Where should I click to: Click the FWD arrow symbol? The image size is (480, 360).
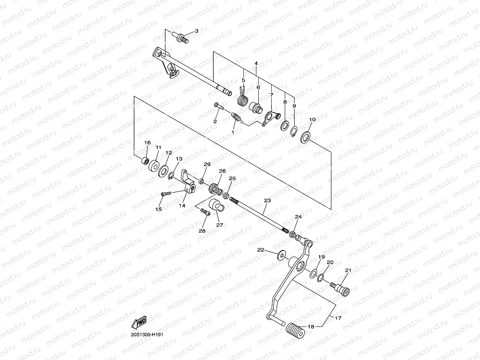click(x=139, y=323)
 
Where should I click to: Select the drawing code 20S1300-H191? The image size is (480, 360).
click(x=147, y=335)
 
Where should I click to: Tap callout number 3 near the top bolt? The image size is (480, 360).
click(x=196, y=31)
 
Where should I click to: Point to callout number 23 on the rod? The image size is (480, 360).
click(x=267, y=201)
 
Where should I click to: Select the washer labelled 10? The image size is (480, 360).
click(x=305, y=137)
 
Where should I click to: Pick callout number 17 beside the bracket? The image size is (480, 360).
click(x=338, y=318)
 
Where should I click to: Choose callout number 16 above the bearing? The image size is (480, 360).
click(x=147, y=143)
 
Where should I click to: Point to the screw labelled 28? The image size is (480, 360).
click(x=205, y=212)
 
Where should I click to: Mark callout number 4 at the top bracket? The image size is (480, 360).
click(x=256, y=63)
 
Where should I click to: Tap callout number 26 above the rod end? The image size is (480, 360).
click(x=222, y=171)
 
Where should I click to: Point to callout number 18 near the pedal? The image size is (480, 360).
click(x=311, y=326)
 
